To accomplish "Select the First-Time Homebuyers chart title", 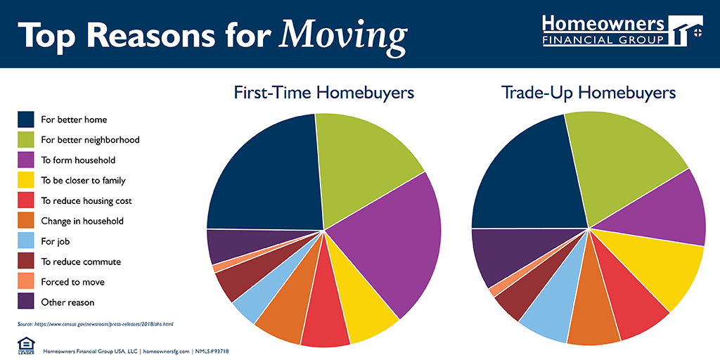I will click(324, 92).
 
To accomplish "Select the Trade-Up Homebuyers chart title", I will click(589, 92).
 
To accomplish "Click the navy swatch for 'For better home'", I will click(26, 119).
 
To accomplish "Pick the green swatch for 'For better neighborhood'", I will click(26, 139).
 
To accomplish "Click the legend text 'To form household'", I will click(78, 160).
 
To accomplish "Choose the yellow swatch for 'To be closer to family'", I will click(26, 180).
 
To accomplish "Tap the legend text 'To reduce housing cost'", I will click(86, 200).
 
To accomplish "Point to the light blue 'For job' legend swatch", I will click(26, 241).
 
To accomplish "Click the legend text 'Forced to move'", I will click(72, 282).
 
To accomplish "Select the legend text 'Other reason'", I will click(67, 302).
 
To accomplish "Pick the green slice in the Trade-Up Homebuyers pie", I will click(619, 162).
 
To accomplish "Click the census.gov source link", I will click(95, 323).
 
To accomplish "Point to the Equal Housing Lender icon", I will click(25, 345).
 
